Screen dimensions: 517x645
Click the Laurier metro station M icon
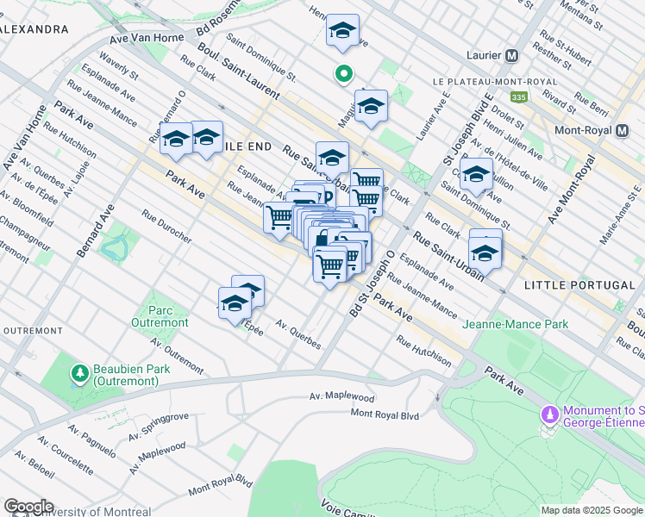(512, 56)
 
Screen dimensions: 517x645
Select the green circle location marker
(343, 75)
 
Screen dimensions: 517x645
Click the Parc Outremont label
(155, 316)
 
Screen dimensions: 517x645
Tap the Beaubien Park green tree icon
(79, 373)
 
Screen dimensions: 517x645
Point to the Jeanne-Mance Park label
(516, 325)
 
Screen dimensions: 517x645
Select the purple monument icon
(549, 416)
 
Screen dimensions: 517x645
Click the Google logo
(28, 507)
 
